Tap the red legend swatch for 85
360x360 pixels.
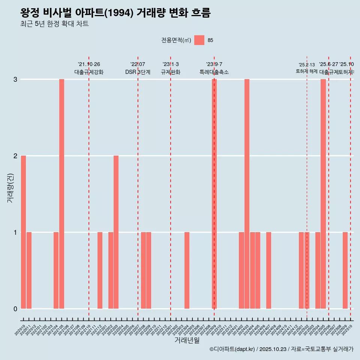click(199, 40)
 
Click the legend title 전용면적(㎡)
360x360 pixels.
click(176, 40)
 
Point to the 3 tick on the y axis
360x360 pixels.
click(15, 79)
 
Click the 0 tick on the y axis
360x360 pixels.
click(15, 309)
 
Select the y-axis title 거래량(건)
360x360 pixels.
click(10, 188)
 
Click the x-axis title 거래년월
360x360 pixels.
click(187, 340)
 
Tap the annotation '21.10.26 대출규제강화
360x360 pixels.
click(89, 68)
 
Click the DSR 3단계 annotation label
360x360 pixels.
click(138, 72)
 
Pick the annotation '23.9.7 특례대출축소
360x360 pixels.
click(214, 68)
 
